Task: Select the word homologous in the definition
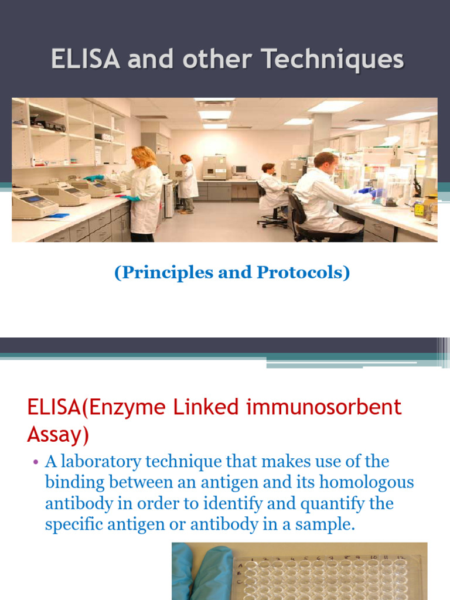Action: [x=364, y=483]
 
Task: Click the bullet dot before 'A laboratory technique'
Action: [x=35, y=462]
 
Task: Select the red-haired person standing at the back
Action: [x=187, y=182]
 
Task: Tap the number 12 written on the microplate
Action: [x=400, y=551]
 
